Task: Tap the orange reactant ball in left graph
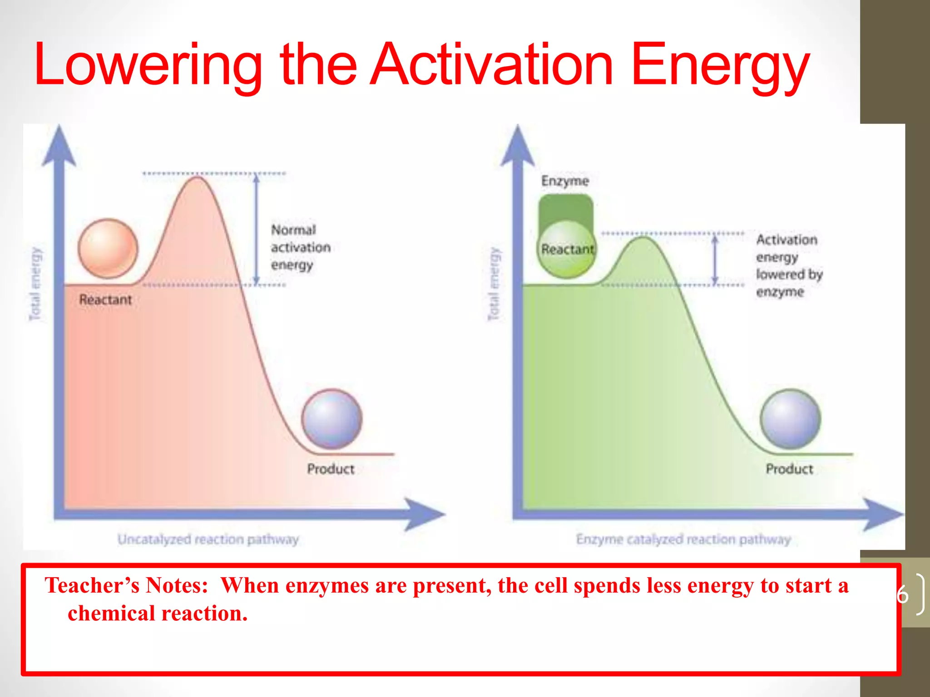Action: [108, 248]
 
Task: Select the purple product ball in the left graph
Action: [332, 418]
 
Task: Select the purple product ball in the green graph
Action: [791, 418]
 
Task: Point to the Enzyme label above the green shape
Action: [565, 181]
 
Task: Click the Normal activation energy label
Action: [300, 247]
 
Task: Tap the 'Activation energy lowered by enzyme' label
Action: [788, 265]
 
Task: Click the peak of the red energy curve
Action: [198, 178]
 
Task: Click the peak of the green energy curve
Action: [643, 237]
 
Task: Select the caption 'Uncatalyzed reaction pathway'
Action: [208, 539]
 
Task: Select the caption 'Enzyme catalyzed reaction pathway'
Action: [683, 539]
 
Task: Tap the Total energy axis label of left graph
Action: [35, 284]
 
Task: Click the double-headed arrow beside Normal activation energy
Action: [257, 229]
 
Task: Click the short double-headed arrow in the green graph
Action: [715, 260]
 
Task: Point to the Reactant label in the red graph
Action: [105, 299]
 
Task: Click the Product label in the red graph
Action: [331, 469]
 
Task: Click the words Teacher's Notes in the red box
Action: [126, 585]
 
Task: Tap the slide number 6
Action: [903, 594]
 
